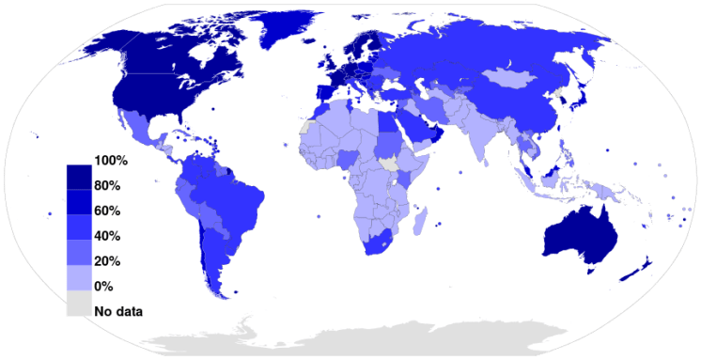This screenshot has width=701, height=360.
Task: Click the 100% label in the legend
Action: tap(110, 161)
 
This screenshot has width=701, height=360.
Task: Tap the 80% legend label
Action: tap(106, 185)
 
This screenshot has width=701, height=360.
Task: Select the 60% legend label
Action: tap(106, 211)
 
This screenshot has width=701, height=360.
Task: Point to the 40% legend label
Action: tap(106, 235)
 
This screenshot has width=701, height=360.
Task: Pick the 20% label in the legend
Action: tap(106, 260)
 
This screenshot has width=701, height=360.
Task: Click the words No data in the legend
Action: tap(117, 309)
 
